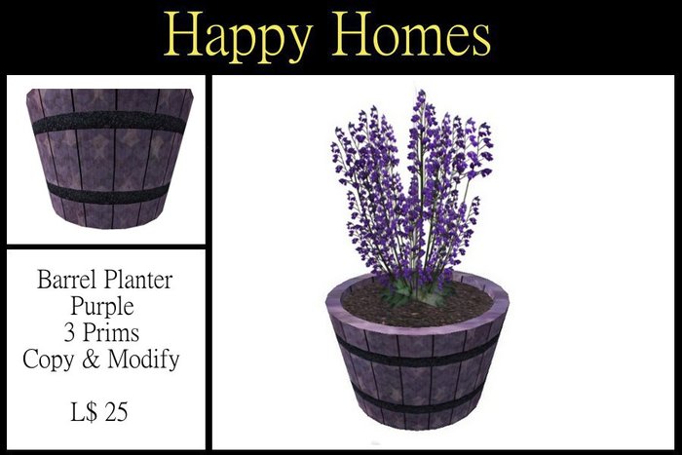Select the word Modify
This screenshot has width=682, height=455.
pyautogui.click(x=145, y=359)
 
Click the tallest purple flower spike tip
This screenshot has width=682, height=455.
pyautogui.click(x=420, y=95)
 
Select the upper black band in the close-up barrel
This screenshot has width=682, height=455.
pyautogui.click(x=107, y=124)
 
